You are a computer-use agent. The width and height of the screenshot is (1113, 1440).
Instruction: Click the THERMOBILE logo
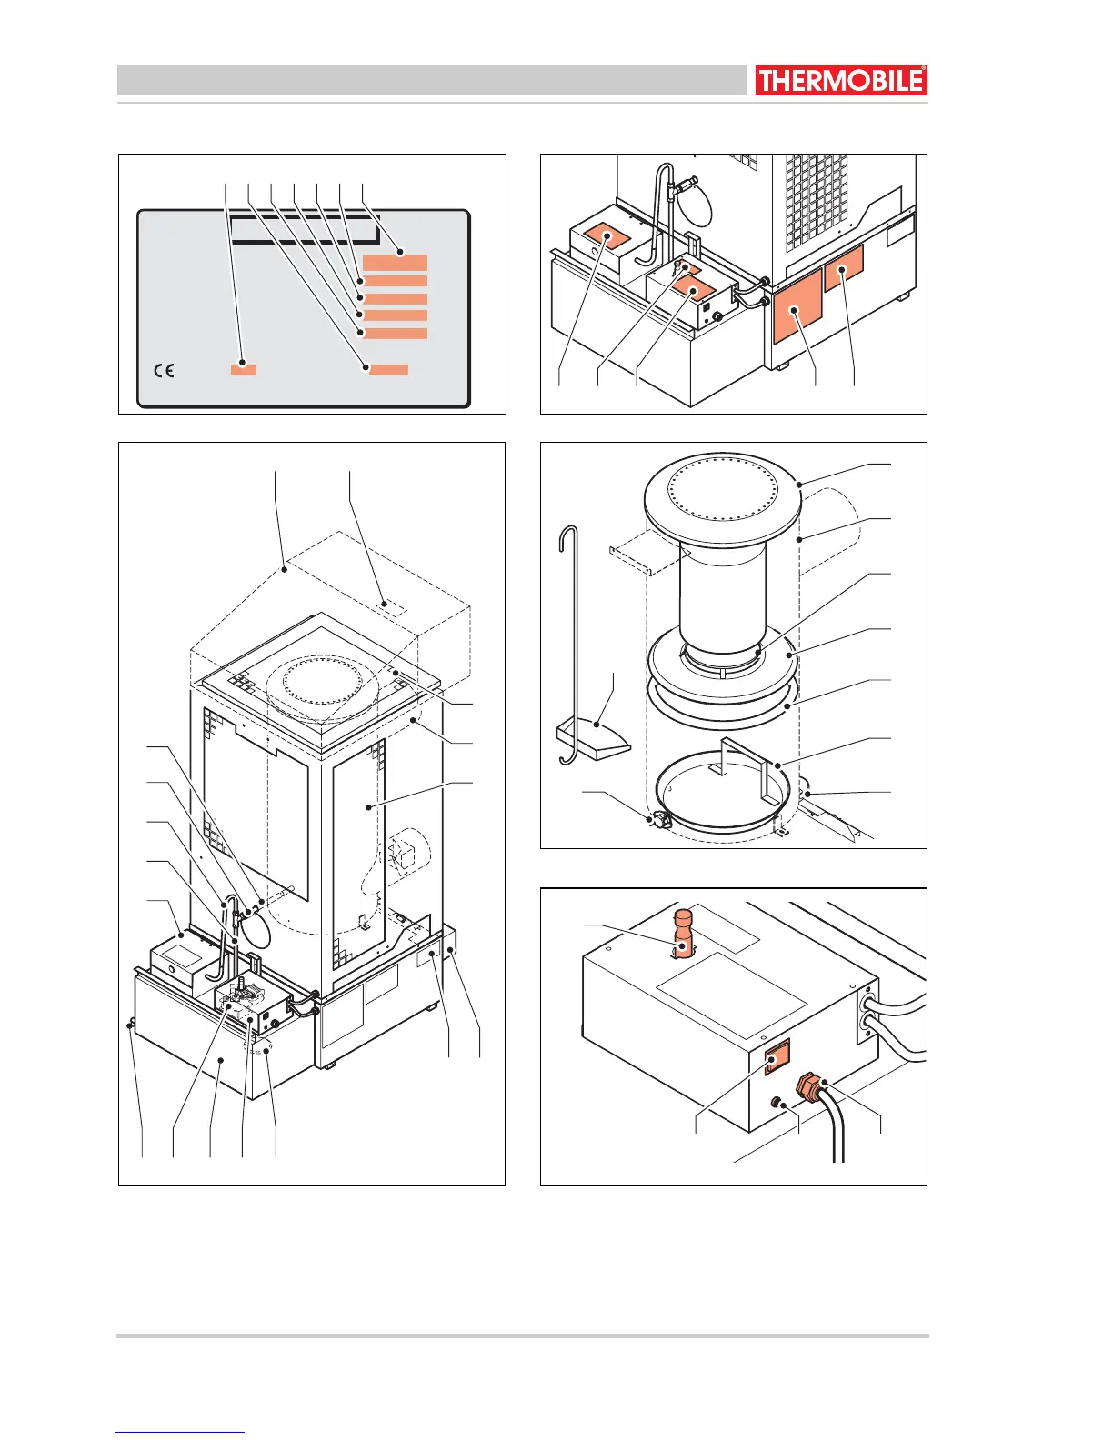pos(840,80)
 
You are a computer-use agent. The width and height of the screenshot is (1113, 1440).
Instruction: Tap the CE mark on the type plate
pos(164,370)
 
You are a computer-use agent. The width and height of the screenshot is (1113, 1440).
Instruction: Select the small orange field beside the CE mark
pos(243,368)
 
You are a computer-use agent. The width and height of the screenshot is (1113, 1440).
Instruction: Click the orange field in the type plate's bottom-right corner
pos(388,369)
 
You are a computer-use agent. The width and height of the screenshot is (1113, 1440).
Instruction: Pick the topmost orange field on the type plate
pos(395,263)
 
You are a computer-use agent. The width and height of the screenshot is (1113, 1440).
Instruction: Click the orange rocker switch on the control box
pos(776,1056)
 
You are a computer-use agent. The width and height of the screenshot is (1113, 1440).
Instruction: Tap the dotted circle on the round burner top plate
pos(722,492)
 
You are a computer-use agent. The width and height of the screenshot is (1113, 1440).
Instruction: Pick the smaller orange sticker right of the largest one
pos(844,268)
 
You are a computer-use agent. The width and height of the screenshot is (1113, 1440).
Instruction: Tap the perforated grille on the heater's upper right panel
pos(816,205)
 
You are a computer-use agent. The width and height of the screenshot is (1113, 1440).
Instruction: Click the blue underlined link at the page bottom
pos(180,1432)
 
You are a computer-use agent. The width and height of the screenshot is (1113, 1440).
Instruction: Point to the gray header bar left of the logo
pos(431,80)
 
